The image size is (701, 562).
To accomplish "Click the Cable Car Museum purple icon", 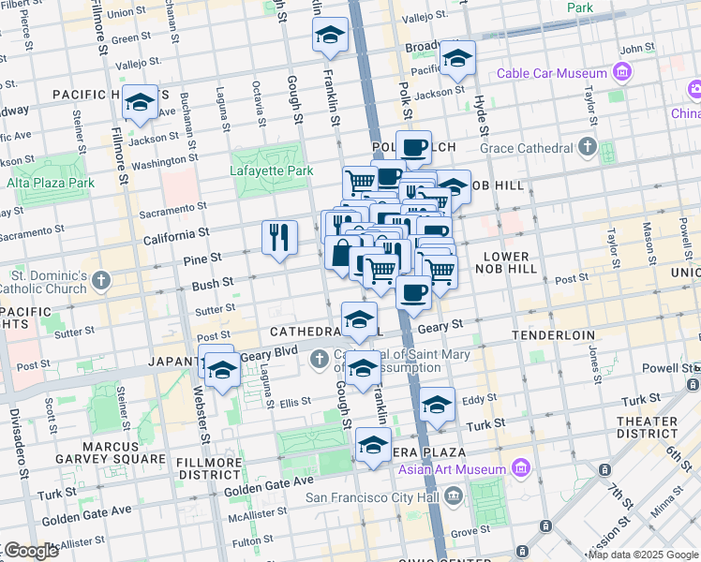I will point(620,73).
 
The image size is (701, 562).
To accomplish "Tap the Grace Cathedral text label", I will point(526,148).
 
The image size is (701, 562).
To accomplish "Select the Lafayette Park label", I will point(271,171).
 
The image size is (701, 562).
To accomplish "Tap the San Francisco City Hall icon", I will point(454,495).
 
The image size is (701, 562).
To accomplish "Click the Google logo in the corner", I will point(30,551).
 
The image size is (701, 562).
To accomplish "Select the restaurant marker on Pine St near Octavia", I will point(279,237).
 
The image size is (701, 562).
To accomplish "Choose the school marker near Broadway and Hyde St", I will point(457,58).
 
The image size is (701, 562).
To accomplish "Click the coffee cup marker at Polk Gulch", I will point(413,146).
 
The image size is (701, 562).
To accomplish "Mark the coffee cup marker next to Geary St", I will point(413,292).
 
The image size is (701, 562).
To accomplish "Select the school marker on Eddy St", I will point(437,404).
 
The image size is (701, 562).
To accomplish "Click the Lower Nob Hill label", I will point(510,262).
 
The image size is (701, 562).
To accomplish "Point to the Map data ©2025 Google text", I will point(641,555).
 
